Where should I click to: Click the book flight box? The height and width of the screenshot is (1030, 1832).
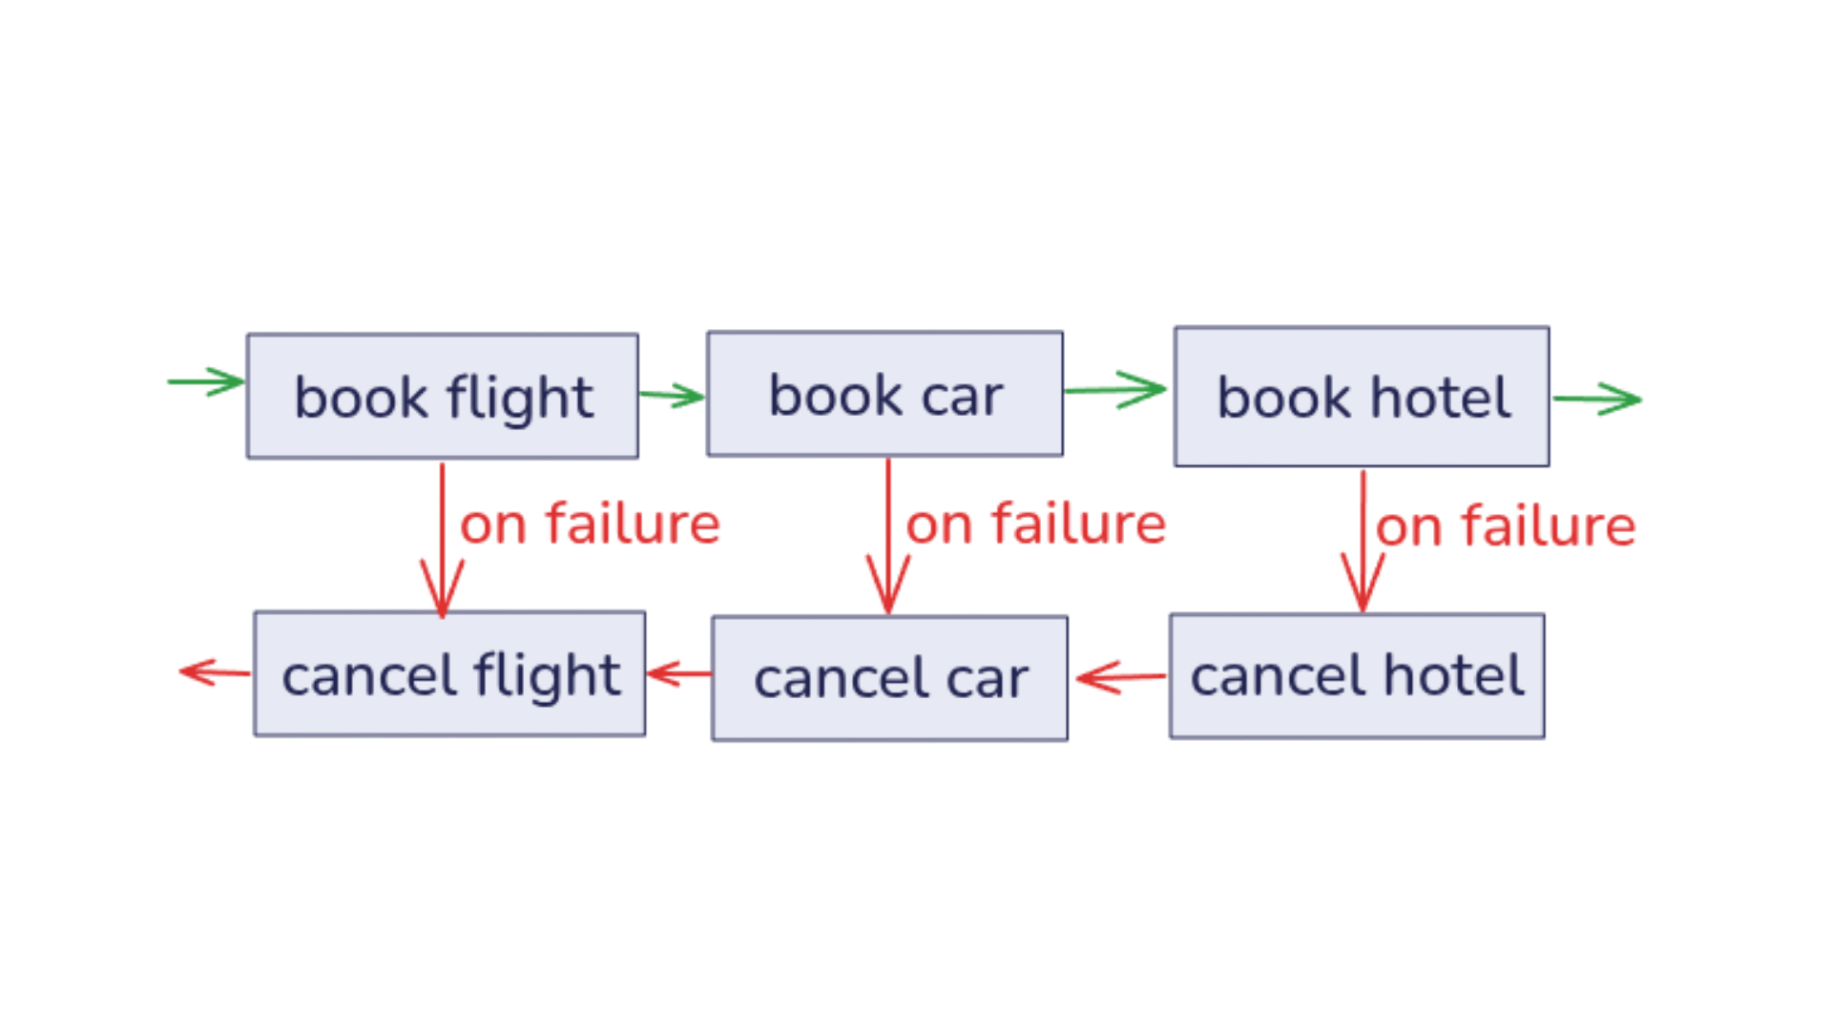pos(442,397)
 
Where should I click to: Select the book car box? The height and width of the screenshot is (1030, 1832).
pos(884,394)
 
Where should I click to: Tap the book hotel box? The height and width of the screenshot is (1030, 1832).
pos(1361,397)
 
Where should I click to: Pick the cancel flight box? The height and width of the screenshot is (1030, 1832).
pos(449,674)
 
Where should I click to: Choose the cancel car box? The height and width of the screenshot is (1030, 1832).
pos(889,678)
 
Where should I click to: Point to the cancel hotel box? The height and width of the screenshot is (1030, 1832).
pos(1356,676)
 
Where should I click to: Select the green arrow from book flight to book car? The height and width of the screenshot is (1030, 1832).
pos(673,395)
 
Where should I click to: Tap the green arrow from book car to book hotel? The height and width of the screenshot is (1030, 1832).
pos(1116,389)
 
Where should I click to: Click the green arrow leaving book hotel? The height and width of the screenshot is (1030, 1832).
pos(1598,400)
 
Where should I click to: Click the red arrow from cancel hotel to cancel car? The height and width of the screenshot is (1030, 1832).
pos(1118,677)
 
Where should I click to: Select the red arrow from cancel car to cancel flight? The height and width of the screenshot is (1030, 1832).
pos(678,674)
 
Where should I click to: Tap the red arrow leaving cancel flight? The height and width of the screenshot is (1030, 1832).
pos(214,672)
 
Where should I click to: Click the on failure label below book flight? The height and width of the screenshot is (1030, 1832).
pos(590,525)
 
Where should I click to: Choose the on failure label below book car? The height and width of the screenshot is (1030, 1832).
pos(1036,525)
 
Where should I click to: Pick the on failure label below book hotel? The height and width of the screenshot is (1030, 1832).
pos(1506,526)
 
